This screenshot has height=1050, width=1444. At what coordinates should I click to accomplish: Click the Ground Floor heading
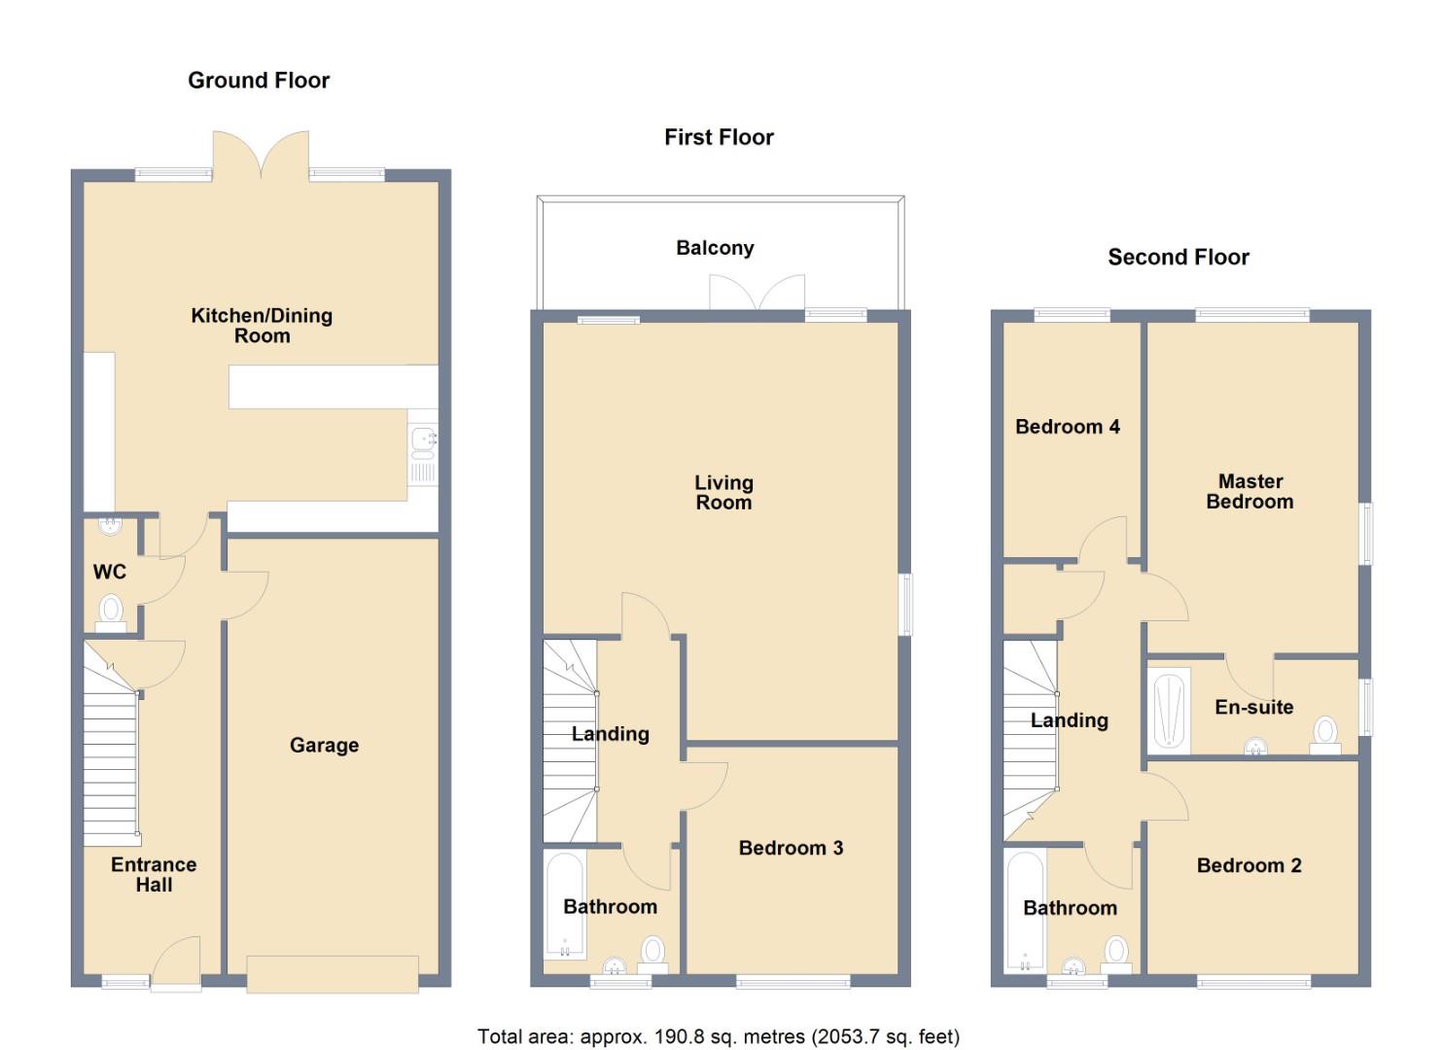coord(259,81)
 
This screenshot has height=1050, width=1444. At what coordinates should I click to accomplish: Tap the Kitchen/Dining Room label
coord(262,326)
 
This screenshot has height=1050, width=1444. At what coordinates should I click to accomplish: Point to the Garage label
coord(324,746)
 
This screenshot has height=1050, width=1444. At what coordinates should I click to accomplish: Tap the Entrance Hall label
coord(154,875)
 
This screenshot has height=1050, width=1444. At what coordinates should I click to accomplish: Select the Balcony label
coord(715,248)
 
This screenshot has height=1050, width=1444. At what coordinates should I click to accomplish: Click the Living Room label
coord(723,493)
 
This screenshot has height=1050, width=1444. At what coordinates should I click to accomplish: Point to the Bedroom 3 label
coord(791,848)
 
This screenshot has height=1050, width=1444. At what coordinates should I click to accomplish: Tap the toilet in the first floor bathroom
coord(652,953)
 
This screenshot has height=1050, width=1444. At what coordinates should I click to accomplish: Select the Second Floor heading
coord(1179,258)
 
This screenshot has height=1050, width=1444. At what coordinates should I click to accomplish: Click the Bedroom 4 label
coord(1067,427)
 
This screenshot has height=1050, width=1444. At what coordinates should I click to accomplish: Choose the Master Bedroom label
coord(1250,492)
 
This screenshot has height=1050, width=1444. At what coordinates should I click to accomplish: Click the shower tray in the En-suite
coord(1169,711)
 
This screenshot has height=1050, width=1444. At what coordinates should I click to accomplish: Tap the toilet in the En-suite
coord(1324,733)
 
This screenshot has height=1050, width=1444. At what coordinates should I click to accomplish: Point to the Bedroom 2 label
coord(1249,865)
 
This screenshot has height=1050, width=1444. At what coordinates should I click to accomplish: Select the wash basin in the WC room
coord(111,526)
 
